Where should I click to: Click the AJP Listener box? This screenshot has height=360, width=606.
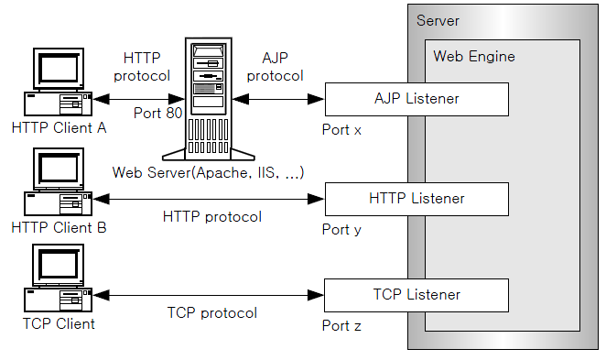tap(417, 99)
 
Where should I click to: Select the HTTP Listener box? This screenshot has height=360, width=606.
tap(417, 199)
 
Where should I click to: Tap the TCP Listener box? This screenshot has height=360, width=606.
tap(417, 295)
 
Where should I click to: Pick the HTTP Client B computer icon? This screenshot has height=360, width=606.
tap(58, 182)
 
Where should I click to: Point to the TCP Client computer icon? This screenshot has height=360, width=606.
tap(58, 279)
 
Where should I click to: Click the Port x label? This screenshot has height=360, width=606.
tap(342, 130)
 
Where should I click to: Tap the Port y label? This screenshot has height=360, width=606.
tap(342, 230)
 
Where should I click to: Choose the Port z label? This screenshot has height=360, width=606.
tap(342, 326)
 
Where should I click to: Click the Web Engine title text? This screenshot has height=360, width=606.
tap(474, 57)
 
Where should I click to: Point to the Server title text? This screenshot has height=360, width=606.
tap(438, 20)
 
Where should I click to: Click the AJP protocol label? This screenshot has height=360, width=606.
tap(276, 67)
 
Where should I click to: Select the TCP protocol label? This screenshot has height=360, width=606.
tap(212, 312)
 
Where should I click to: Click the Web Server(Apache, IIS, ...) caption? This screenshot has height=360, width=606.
tap(208, 172)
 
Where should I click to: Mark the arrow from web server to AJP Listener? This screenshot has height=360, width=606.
tap(280, 98)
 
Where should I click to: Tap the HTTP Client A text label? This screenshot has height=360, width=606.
tap(60, 128)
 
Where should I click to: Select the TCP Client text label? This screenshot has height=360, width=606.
tap(60, 323)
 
